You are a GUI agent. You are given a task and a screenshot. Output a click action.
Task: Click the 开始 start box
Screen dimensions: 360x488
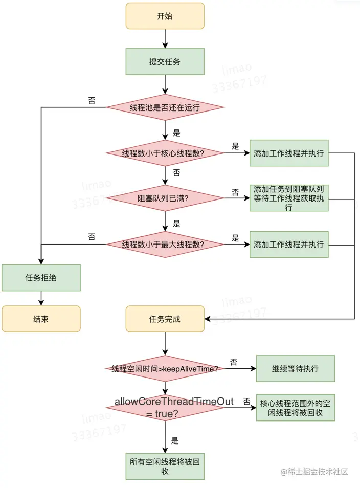point(165,16)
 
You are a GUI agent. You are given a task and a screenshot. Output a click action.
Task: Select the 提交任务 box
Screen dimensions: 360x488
point(165,61)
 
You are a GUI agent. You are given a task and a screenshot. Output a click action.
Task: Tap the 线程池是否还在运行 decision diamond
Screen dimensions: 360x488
point(165,107)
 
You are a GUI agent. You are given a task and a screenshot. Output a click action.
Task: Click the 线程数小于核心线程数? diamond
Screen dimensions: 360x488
point(165,153)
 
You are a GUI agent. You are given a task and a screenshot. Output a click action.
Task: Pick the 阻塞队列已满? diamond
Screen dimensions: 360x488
point(165,198)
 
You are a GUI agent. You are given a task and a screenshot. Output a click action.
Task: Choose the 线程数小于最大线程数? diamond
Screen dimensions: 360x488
point(165,245)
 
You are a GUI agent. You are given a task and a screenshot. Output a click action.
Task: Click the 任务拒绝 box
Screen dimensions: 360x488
point(41,278)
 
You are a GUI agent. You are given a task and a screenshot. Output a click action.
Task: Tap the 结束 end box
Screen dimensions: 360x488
point(41,319)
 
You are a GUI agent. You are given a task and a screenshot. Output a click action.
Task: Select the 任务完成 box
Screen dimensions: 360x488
point(165,319)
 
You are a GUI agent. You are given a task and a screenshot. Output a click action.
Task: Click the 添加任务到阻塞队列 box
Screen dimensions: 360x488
point(289,198)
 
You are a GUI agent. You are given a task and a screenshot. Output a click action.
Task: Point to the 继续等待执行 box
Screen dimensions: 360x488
point(295,368)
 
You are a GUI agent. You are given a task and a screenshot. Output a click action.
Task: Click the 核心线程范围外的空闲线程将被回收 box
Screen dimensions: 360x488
point(295,408)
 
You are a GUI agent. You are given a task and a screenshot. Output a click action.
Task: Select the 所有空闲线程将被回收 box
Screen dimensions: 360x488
point(165,467)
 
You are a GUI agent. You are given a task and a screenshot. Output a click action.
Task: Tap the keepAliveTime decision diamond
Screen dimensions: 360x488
point(165,368)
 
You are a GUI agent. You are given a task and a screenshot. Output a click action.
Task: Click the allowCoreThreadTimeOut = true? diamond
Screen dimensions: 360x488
point(165,408)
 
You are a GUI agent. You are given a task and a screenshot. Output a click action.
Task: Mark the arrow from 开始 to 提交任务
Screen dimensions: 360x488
point(165,39)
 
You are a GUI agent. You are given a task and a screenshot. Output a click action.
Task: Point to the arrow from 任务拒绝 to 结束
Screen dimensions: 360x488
point(41,298)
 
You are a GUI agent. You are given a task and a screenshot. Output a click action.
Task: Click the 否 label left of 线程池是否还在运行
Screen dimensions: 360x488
point(92,101)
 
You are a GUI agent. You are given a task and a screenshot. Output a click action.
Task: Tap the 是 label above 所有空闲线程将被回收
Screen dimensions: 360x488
point(175,440)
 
